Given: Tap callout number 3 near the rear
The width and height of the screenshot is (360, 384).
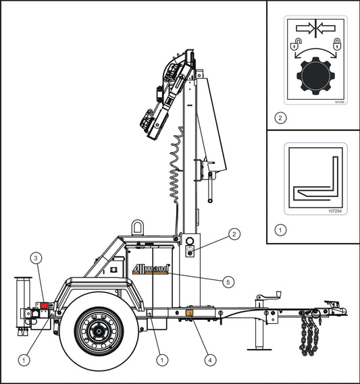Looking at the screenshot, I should tap(38, 257).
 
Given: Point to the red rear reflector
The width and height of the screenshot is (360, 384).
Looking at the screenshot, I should tap(45, 306).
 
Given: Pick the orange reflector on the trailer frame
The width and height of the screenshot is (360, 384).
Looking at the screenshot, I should tap(190, 312).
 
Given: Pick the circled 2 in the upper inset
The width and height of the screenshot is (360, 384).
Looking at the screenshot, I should tap(280, 117).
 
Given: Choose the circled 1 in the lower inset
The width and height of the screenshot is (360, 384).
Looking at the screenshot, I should tap(280, 229).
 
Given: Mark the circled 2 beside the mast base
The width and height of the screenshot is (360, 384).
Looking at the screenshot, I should tap(233, 234).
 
